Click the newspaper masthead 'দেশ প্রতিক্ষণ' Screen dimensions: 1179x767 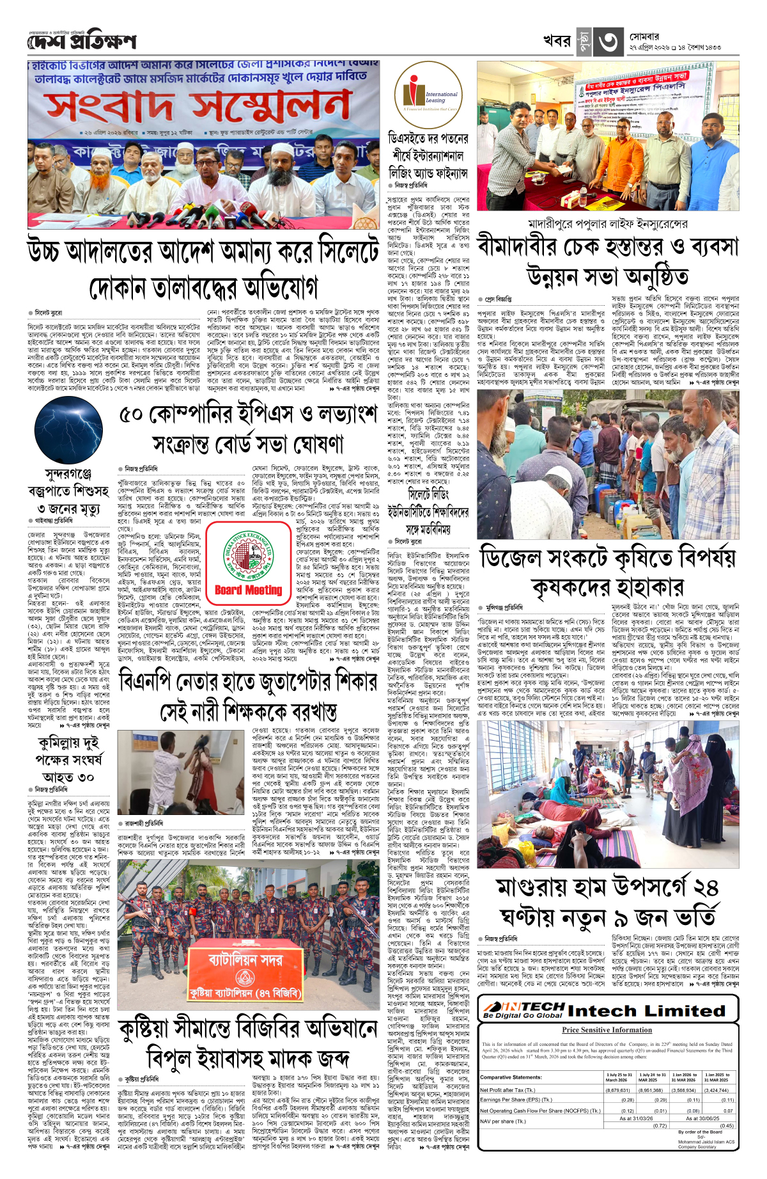coord(82,42)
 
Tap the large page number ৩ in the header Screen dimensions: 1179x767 coord(607,42)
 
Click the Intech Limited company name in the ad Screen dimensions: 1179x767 coord(646,1011)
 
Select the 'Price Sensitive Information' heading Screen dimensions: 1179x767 coord(607,1030)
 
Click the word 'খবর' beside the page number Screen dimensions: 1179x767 coord(556,41)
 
